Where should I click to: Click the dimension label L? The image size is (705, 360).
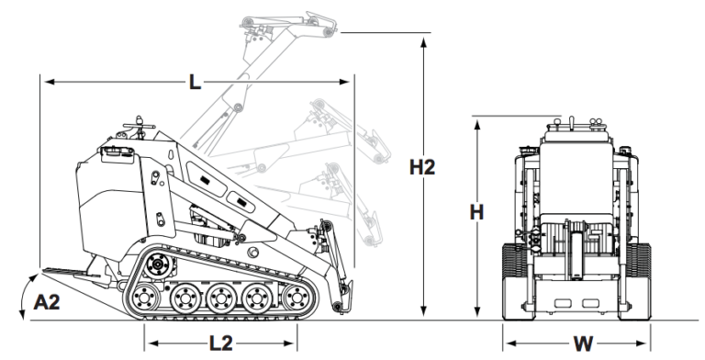click(194, 83)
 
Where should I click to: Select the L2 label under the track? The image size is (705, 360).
click(221, 343)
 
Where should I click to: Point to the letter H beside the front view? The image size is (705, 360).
click(476, 212)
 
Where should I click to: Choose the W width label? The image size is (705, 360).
click(582, 343)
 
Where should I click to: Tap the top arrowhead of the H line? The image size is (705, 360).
click(476, 123)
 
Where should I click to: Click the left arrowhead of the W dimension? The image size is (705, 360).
click(508, 343)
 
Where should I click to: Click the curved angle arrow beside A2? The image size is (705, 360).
click(22, 294)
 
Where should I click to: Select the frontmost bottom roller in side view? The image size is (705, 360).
click(294, 298)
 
